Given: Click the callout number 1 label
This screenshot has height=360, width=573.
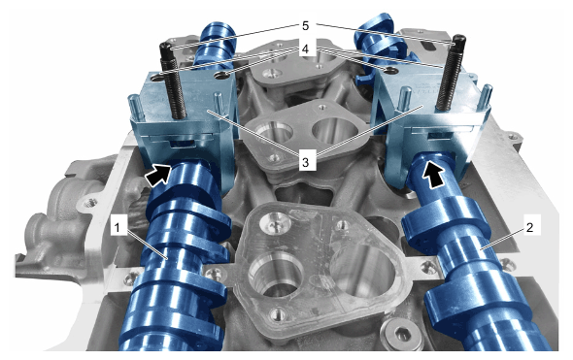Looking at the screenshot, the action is coord(117,228).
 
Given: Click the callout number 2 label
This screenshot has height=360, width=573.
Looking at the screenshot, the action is coord(530,228).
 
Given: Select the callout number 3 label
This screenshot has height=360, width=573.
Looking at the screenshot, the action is coord(306,161).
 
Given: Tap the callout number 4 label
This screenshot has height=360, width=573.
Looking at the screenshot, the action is coord(306,49).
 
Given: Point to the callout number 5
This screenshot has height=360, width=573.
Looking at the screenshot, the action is coord(306,26).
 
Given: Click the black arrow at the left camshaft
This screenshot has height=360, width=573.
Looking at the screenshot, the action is coord(158,174).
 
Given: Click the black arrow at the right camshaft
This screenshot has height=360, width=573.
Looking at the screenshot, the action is coord(434,175).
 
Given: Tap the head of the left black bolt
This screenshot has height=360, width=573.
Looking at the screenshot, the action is coord(166,49).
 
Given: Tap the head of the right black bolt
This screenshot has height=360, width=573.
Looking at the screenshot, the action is coord(459,40).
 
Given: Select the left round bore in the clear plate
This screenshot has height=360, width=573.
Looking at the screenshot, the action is coord(276,274).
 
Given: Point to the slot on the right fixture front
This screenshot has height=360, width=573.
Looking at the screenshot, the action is coord(440,136).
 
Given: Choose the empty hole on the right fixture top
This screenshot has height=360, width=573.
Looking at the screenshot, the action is coord(389,69).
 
